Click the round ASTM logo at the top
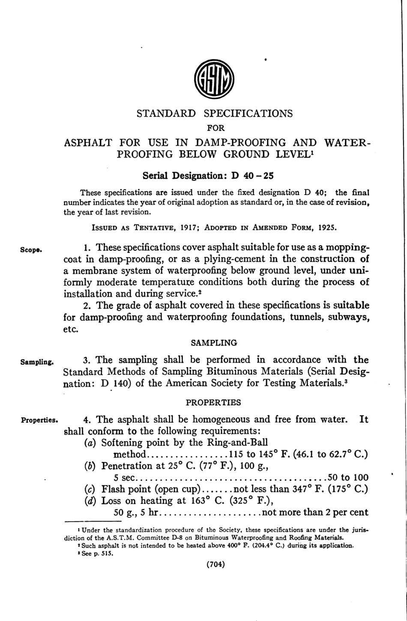coord(214,79)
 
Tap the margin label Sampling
coord(37,362)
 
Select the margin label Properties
coord(39,420)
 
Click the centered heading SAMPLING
coord(214,343)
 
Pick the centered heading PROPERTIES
coord(213,403)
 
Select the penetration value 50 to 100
coord(347,477)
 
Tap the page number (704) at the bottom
coord(215,564)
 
